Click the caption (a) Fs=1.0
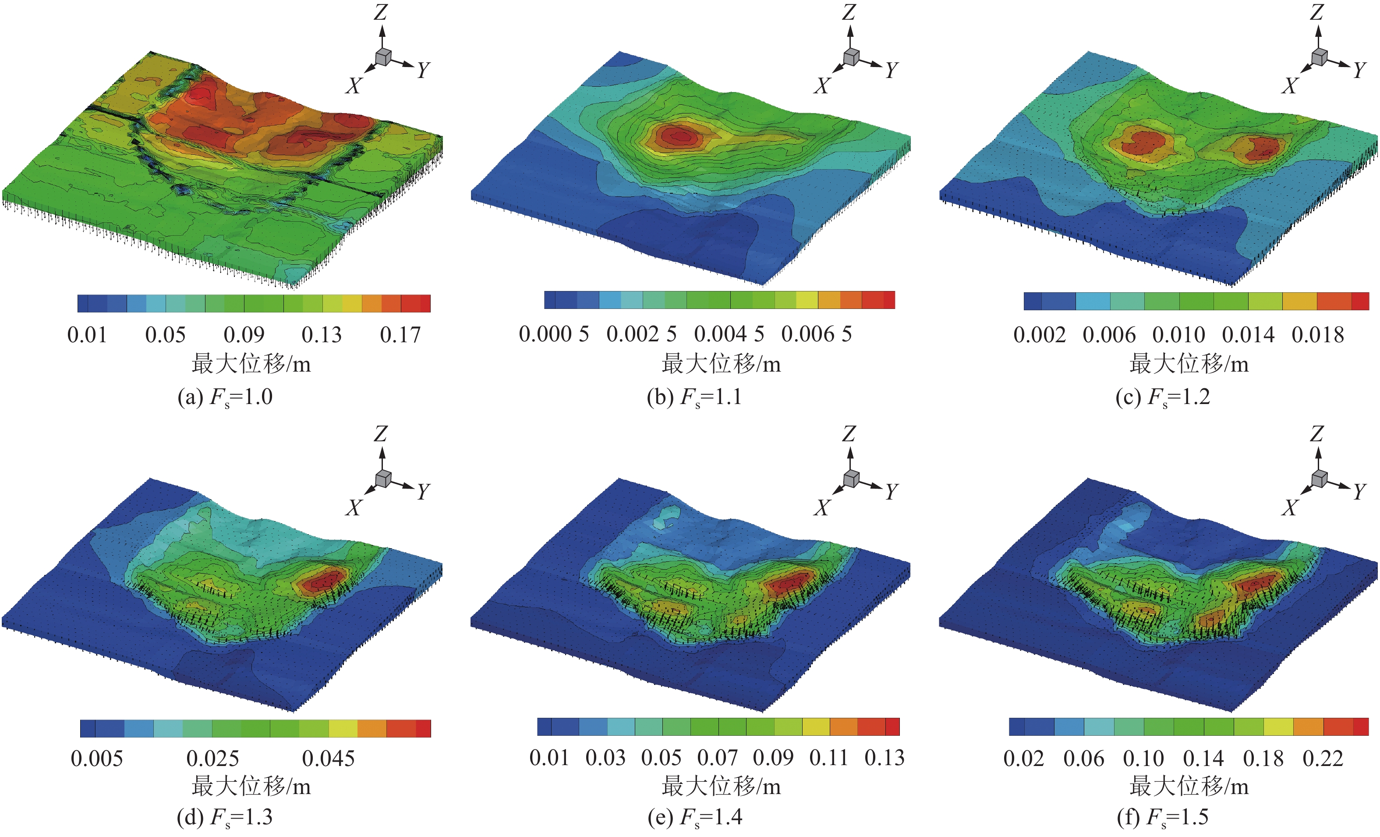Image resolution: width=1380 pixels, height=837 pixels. pos(225,397)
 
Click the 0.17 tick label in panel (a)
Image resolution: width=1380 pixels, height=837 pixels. pos(400,335)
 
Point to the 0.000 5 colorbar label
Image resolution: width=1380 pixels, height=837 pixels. pos(553,334)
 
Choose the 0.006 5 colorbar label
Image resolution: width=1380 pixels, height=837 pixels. pos(816,334)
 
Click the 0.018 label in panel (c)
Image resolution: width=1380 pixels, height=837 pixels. pos(1317,335)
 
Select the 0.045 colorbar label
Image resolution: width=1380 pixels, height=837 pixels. pos(328,759)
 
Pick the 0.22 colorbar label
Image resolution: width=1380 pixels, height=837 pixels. pos(1322,759)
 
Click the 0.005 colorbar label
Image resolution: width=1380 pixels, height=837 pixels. pos(96,759)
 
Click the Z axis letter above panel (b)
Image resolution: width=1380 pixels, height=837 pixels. pos(849,12)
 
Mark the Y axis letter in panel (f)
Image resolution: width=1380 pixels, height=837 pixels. pos(1359,491)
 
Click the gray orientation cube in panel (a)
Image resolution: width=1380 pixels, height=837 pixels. pos(383,57)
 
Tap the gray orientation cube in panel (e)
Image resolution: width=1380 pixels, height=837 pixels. pos(851,478)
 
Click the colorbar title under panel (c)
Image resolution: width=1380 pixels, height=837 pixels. pos(1189,364)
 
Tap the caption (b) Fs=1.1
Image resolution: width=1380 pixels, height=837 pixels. pos(694,397)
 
